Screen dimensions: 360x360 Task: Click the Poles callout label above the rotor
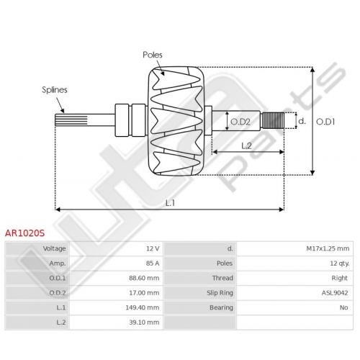click(x=153, y=55)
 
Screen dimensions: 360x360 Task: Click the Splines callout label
click(x=55, y=90)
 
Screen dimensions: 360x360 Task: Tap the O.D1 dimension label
click(x=325, y=122)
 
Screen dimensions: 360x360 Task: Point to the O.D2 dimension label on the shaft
click(x=240, y=122)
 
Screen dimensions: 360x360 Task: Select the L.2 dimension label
click(x=246, y=145)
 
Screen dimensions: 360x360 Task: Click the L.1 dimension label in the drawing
click(x=170, y=203)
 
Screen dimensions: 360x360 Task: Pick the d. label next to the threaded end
click(x=302, y=121)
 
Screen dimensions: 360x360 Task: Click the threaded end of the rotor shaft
click(x=273, y=120)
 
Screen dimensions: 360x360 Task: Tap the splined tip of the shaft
click(x=71, y=120)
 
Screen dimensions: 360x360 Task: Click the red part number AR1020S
click(x=24, y=233)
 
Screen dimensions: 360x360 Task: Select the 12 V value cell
click(x=153, y=248)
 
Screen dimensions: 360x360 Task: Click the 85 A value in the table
click(x=153, y=264)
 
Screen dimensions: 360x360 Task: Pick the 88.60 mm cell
click(x=144, y=278)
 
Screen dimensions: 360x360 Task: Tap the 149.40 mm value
click(x=143, y=307)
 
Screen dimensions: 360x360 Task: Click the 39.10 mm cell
click(x=144, y=323)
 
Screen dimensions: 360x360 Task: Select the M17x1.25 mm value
click(x=328, y=248)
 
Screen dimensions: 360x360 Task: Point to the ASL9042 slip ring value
click(x=335, y=293)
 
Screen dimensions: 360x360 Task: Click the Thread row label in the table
click(x=222, y=278)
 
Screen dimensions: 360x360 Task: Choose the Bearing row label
click(x=221, y=307)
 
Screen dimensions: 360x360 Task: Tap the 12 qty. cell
click(x=340, y=264)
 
